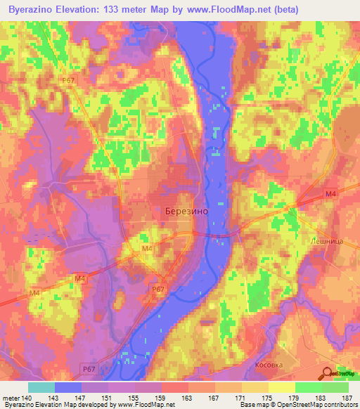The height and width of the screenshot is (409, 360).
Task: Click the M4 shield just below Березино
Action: click(x=147, y=248)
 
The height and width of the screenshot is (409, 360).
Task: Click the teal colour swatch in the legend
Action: click(x=41, y=387)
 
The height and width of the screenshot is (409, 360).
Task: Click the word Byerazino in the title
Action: click(x=32, y=9)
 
